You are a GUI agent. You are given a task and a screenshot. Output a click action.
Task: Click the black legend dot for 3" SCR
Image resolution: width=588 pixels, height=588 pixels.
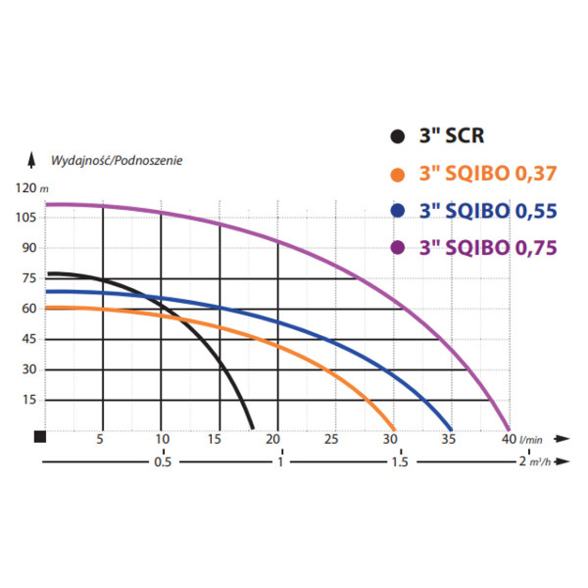398,136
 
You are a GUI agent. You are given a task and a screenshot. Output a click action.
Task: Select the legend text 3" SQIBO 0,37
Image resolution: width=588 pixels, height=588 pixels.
488,174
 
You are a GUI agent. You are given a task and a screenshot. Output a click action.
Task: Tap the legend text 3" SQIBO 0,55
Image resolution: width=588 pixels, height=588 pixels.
488,211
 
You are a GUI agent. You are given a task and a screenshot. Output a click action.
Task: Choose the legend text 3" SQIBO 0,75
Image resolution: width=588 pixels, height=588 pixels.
488,248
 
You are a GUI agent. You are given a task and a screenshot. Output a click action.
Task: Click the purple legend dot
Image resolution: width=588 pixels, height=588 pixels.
398,248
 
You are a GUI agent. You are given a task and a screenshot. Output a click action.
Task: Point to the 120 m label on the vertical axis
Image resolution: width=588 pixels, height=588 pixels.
32,188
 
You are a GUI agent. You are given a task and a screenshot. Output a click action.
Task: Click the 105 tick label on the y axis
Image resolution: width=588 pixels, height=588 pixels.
25,218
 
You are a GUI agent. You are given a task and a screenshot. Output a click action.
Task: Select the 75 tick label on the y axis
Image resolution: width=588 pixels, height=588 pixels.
29,278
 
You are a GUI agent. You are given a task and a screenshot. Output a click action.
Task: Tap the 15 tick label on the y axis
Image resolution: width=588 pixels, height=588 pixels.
29,400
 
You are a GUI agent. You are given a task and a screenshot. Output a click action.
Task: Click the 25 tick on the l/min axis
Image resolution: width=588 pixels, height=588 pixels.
331,439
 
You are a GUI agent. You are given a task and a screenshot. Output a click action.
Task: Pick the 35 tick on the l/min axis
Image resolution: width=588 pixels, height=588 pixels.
448,439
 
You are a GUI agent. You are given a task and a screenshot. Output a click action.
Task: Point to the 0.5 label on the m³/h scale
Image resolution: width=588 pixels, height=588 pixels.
163,462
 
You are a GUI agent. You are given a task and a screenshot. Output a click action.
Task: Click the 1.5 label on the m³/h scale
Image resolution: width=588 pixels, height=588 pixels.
400,462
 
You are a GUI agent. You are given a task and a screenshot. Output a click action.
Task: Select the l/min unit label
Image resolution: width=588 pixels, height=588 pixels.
531,440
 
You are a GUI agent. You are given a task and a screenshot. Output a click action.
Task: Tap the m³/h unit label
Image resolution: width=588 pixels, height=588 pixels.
540,462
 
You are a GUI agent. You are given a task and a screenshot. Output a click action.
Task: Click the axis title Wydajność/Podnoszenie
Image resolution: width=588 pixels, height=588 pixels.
117,161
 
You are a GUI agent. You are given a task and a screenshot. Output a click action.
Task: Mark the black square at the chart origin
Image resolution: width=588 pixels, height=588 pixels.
40,436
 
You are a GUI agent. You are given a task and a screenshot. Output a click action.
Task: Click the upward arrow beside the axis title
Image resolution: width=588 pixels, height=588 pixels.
31,160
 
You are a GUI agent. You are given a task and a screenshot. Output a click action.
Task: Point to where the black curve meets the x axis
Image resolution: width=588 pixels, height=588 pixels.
252,428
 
